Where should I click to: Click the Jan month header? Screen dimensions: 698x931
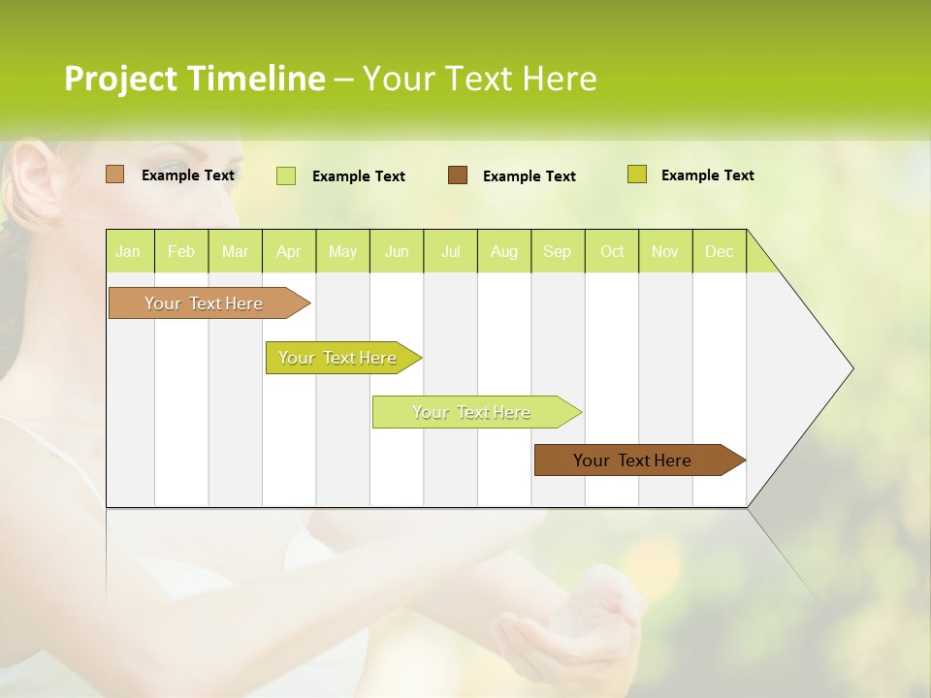click(128, 251)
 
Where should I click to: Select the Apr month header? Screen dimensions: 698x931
click(288, 251)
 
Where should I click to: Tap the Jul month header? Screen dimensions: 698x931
click(450, 251)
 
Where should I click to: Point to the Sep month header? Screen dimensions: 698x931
click(557, 251)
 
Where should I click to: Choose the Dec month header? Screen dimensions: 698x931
click(719, 251)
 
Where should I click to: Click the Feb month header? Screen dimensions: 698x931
click(181, 251)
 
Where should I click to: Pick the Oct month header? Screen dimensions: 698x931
click(612, 251)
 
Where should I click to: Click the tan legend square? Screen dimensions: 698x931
click(115, 174)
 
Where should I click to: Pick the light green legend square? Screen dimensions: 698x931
click(286, 175)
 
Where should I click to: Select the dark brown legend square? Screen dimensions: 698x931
click(458, 175)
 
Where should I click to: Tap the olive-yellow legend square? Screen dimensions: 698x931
click(636, 174)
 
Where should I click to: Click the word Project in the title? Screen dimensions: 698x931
click(121, 79)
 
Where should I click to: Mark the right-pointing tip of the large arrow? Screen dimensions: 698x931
click(851, 368)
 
